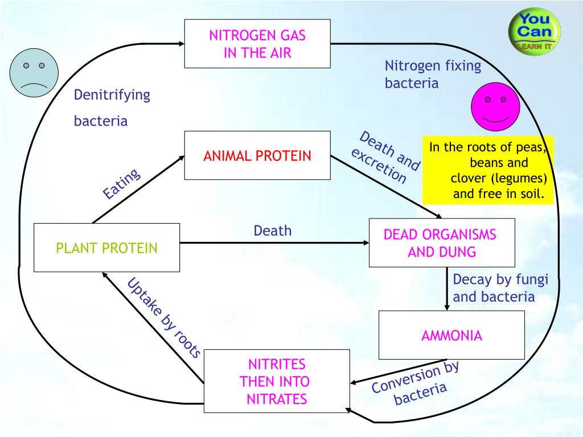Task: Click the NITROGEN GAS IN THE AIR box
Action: (257, 44)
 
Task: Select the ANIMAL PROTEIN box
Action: (257, 155)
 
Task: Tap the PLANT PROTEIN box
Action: (106, 248)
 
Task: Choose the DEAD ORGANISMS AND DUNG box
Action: (442, 243)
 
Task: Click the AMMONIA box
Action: (451, 335)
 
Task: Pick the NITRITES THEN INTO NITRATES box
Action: (277, 381)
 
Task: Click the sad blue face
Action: (34, 73)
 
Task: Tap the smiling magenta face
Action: (495, 107)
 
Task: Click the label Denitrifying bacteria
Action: (112, 108)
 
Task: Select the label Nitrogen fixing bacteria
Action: (433, 75)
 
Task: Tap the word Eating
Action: (121, 184)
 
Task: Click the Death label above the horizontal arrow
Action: (272, 230)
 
